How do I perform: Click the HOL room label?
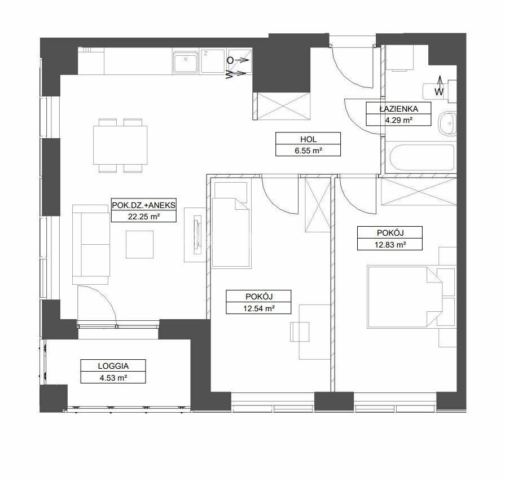(x=308, y=139)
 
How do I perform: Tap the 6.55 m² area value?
(x=308, y=151)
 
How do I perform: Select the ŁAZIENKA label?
(x=398, y=109)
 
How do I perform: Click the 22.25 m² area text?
(x=144, y=217)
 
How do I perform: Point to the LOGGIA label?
(x=113, y=366)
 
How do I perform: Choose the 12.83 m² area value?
(x=390, y=245)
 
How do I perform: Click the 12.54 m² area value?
(x=258, y=308)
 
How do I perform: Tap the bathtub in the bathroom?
(x=422, y=158)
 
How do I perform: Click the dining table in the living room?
(x=120, y=145)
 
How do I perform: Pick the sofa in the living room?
(x=91, y=244)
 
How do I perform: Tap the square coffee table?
(x=139, y=244)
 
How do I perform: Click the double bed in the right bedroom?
(x=405, y=297)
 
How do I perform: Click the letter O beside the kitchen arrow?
(x=230, y=60)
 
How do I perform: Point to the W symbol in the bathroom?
(x=439, y=92)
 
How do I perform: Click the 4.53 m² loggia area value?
(x=113, y=377)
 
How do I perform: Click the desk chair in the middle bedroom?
(x=300, y=332)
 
